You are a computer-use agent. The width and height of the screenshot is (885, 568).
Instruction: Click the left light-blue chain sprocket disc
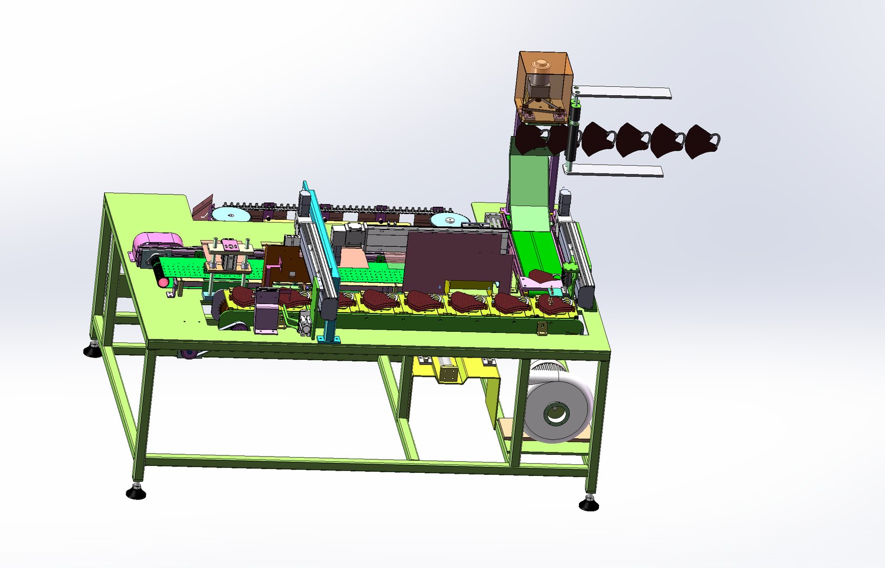(x=230, y=215)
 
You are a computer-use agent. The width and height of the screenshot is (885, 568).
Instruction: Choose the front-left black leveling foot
(x=136, y=492)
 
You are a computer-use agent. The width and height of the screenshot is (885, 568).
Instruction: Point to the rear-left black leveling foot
(x=93, y=350)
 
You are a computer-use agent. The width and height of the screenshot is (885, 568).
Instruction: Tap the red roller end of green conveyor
(x=164, y=282)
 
